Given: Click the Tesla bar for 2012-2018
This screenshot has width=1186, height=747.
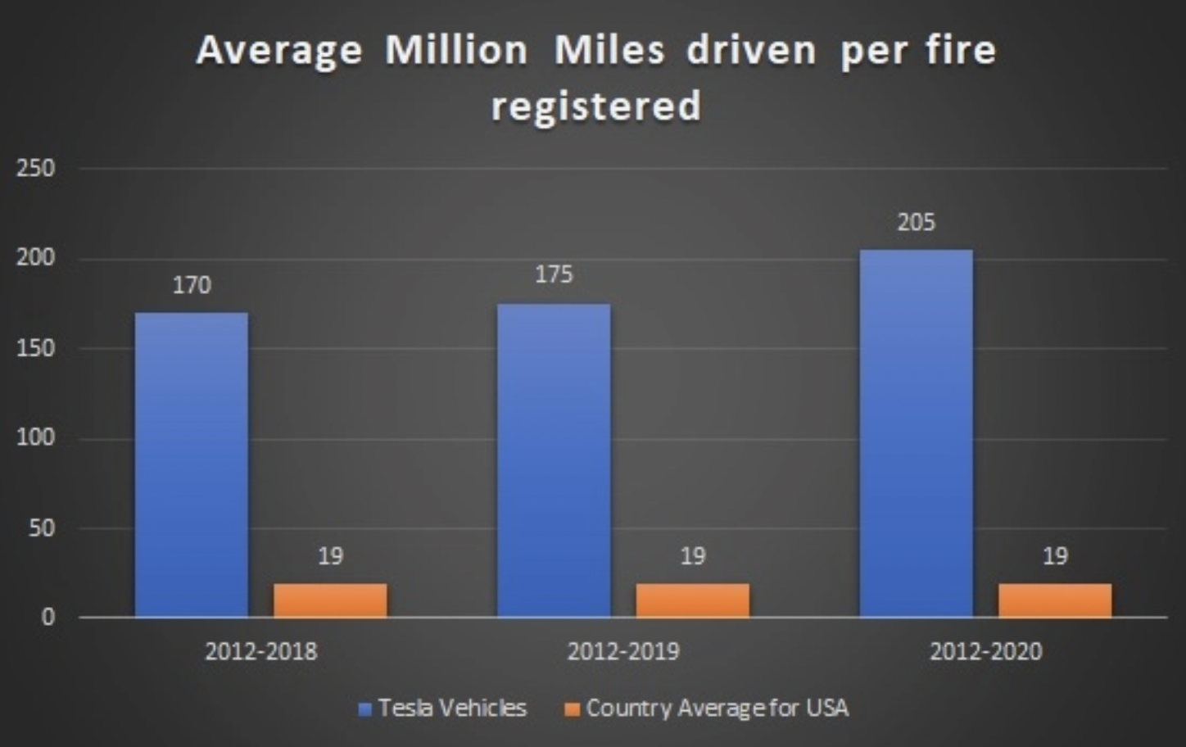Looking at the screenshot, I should point(192,464).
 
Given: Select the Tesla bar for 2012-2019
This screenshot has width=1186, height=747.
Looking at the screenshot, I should point(554,460).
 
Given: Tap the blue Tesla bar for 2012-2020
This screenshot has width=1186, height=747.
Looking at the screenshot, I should point(916,433).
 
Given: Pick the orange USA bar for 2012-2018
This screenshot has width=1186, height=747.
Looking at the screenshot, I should point(330,600).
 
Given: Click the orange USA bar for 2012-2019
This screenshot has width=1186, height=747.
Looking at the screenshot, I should point(692,600).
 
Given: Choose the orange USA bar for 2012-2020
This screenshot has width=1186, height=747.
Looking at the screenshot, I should point(1055,600).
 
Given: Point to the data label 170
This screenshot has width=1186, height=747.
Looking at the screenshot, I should point(192,285).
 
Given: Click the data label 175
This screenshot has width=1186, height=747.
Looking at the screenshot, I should point(554,274).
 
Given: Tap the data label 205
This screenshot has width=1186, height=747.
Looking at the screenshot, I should point(916,222).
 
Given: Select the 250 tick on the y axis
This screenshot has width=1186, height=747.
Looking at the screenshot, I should point(35,169).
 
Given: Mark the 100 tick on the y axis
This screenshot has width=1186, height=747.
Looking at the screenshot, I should point(35,437).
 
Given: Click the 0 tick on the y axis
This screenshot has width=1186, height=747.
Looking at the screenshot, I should point(48,617).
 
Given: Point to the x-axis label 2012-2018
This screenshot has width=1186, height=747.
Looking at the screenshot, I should point(260,652).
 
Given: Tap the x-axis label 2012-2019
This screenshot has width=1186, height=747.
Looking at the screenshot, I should point(623,652).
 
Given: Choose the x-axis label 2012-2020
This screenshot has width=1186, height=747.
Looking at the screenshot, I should point(985,652).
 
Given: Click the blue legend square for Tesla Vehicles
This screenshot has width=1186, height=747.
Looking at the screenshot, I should point(365,709).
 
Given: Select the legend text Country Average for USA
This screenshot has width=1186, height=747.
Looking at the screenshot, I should point(717,708).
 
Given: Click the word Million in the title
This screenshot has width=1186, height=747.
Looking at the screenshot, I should point(456,51).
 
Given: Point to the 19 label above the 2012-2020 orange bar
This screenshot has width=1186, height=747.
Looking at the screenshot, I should point(1055,556).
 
